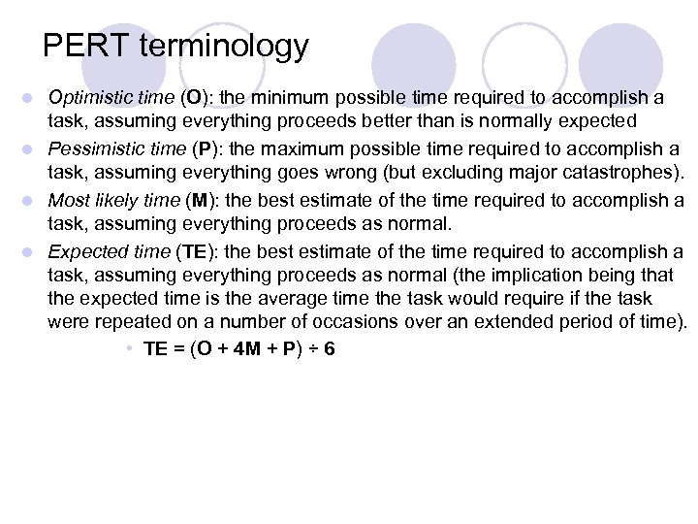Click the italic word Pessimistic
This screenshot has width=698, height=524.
pyautogui.click(x=92, y=149)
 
